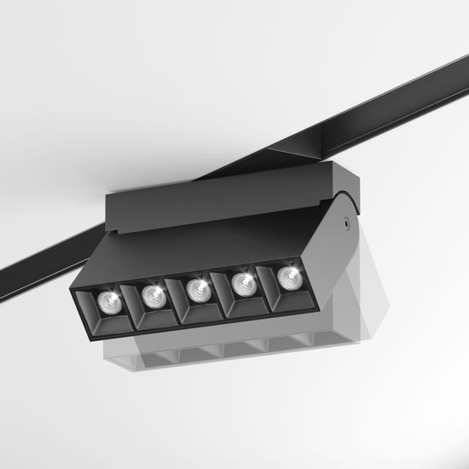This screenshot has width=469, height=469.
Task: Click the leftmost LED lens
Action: [x=107, y=299]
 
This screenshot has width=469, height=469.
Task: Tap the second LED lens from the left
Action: [x=153, y=295]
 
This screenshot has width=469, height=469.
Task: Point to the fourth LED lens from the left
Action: [x=244, y=282]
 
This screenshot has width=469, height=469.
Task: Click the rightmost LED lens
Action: [x=288, y=276]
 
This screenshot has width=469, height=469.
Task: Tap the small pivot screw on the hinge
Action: [x=347, y=226]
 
